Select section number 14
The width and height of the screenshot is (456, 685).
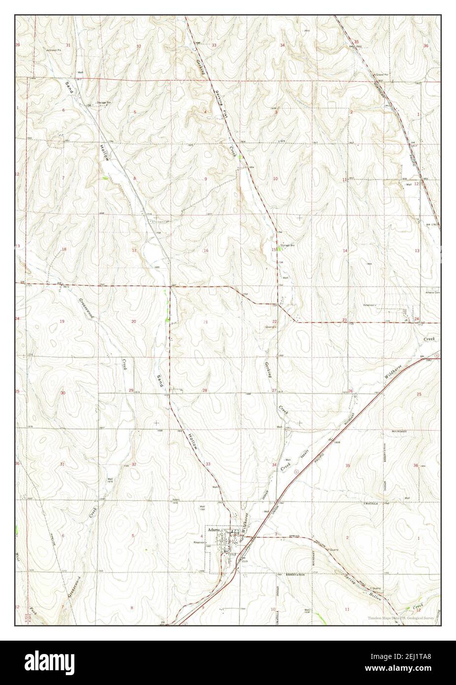tap(345, 251)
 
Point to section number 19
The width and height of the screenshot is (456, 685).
tap(62, 321)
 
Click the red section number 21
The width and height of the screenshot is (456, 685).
tap(205, 321)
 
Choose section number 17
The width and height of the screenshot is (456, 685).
tap(133, 251)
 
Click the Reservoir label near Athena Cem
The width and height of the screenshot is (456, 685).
tap(369, 305)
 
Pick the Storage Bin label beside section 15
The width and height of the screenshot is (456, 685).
tap(287, 245)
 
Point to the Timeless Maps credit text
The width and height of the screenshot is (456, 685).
tap(400, 617)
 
